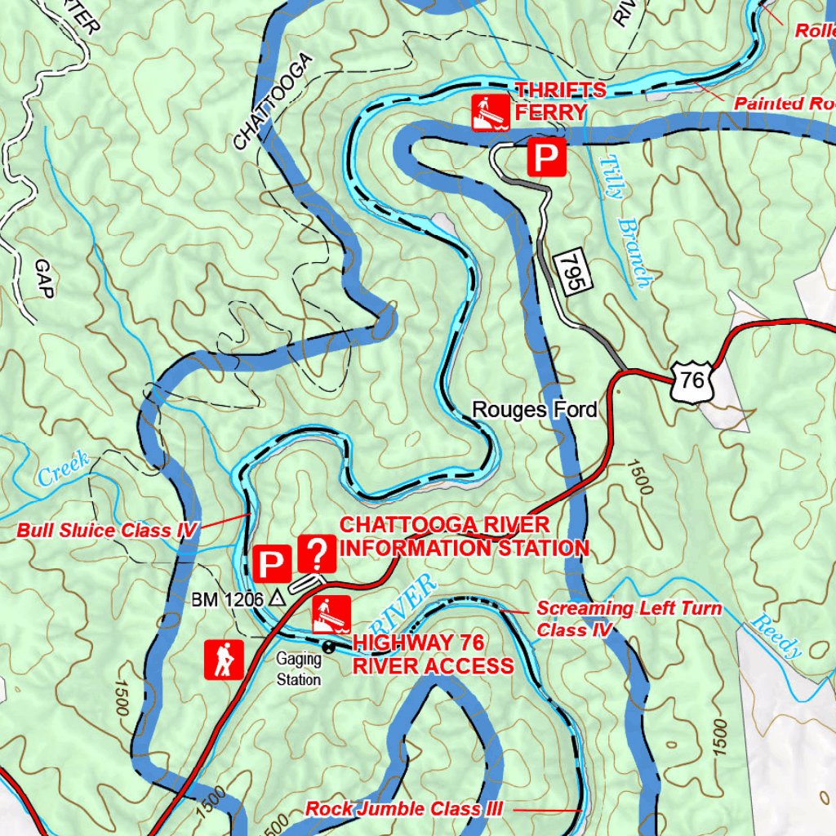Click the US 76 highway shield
(x=691, y=380)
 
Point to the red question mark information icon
(x=317, y=553)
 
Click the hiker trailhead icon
(x=223, y=659)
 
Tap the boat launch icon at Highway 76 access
(x=331, y=615)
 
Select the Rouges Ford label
(x=535, y=409)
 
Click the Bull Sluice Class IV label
(x=107, y=531)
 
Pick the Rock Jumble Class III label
(x=403, y=809)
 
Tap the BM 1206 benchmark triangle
(x=278, y=598)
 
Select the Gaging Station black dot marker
(x=328, y=647)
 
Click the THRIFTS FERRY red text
(x=549, y=101)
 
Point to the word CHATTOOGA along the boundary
(x=273, y=102)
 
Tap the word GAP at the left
(x=43, y=279)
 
